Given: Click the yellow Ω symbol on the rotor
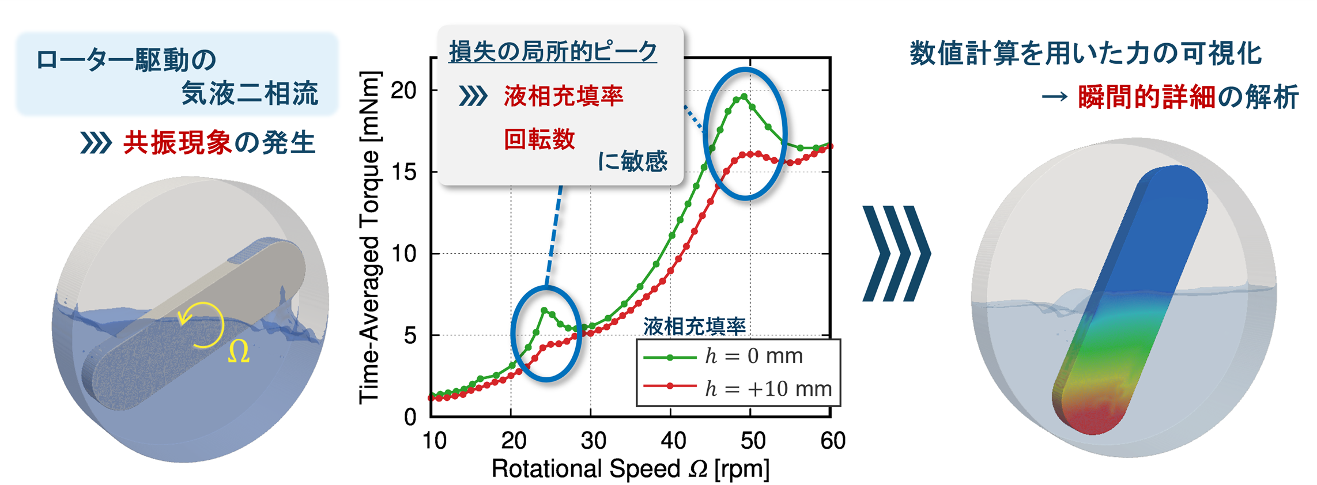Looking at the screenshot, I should [x=239, y=352].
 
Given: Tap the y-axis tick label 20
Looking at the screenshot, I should [x=403, y=90].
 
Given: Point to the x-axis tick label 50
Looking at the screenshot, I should [x=752, y=441].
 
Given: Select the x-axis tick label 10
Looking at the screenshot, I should [x=434, y=441].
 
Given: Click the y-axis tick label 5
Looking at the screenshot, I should [x=410, y=335].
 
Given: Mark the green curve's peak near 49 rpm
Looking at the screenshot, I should [x=744, y=96].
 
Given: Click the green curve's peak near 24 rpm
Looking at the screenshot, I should [x=544, y=310].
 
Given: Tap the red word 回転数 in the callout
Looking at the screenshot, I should [x=539, y=140].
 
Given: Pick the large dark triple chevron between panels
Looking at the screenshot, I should [x=896, y=253].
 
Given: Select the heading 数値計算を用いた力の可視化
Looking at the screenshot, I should [x=1086, y=55].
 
